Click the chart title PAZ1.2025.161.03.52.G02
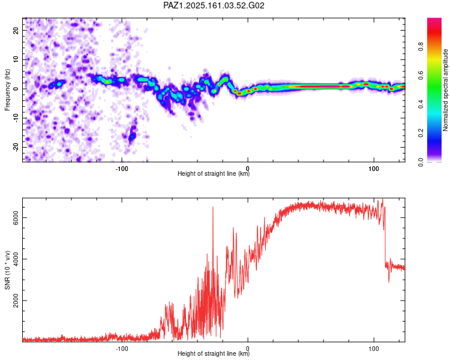tap(214, 5)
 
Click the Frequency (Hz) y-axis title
tap(7, 90)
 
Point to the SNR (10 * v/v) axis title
tap(7, 270)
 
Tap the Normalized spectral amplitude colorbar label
tap(445, 90)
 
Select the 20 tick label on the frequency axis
tap(16, 30)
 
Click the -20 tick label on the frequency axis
tap(16, 147)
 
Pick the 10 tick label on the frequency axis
tap(16, 59)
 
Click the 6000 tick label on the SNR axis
tap(16, 217)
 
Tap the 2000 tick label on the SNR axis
tap(16, 300)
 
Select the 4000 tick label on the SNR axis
tap(16, 259)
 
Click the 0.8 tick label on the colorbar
tap(421, 46)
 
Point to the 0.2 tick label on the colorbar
tap(421, 133)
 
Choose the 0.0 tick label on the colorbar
tap(421, 162)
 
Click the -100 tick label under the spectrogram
tap(122, 169)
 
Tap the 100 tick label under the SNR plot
tap(374, 349)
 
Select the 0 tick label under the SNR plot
tap(248, 349)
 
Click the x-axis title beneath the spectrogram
tap(214, 173)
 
